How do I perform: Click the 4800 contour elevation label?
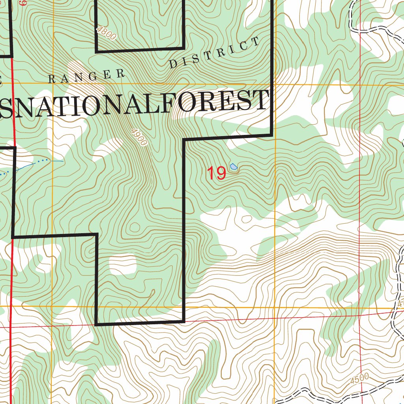[x=106, y=33]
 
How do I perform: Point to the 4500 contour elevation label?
[x=359, y=379]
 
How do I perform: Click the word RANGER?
[x=86, y=76]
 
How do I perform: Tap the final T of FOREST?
[x=261, y=101]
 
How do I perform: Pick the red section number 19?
[x=216, y=173]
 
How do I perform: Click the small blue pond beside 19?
[x=234, y=167]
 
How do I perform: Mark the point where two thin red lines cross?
[x=360, y=315]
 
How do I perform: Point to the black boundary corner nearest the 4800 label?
[x=97, y=51]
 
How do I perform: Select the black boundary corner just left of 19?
[x=184, y=140]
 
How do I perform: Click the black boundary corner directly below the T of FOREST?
[x=271, y=135]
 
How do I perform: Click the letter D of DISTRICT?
[x=173, y=64]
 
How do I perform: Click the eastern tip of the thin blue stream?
[x=63, y=161]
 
